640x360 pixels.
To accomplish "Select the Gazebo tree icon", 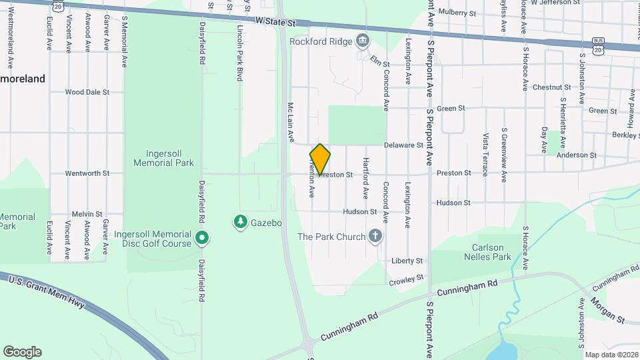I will pyautogui.click(x=240, y=221).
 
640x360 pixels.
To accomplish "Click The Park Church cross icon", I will pyautogui.click(x=376, y=236).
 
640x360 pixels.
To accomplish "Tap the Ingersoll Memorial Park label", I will pyautogui.click(x=163, y=157).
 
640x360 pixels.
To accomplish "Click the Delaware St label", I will pyautogui.click(x=404, y=145).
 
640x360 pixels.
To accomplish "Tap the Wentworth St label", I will pyautogui.click(x=87, y=173).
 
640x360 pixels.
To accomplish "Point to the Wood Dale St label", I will pyautogui.click(x=87, y=92).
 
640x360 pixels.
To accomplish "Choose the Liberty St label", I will pyautogui.click(x=407, y=261).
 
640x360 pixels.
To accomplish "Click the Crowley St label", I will pyautogui.click(x=406, y=279).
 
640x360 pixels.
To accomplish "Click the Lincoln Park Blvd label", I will pyautogui.click(x=239, y=53).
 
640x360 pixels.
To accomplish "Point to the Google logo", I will pyautogui.click(x=22, y=351).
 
